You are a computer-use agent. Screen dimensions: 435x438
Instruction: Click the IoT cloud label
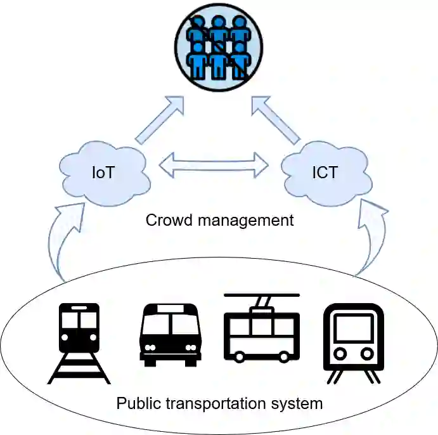click(x=103, y=172)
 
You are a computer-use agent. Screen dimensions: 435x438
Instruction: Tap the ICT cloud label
click(x=324, y=172)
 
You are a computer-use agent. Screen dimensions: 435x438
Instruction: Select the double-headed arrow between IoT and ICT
click(x=214, y=165)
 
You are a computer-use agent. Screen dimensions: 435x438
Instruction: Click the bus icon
click(x=169, y=334)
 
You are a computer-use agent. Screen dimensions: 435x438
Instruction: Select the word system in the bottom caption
click(x=300, y=403)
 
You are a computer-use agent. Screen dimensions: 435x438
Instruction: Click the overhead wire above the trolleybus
click(x=261, y=295)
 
